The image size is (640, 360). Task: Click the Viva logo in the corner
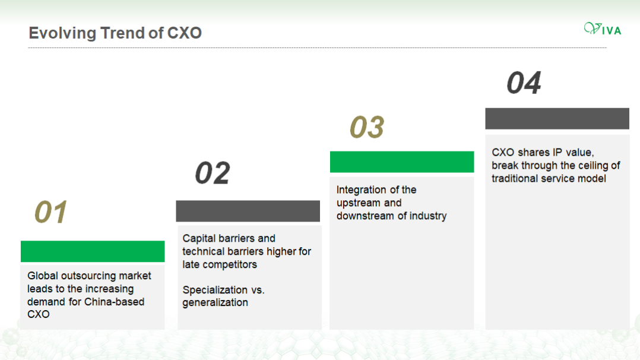[x=603, y=29]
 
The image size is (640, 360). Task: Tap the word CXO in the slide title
[x=185, y=33]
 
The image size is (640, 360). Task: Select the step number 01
[x=50, y=212]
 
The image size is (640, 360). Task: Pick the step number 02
[x=213, y=173]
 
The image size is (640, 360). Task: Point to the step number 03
[x=367, y=127]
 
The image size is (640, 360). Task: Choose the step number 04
[x=524, y=83]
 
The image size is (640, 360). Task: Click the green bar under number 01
[x=93, y=251]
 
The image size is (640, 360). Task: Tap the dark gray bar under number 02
[x=248, y=211]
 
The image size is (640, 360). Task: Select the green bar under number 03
[x=402, y=162]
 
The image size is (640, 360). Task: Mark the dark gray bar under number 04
[x=557, y=118]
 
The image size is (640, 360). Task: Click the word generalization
[x=215, y=303]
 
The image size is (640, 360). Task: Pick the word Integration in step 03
[x=356, y=190]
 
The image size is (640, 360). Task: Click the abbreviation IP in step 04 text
[x=557, y=153]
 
